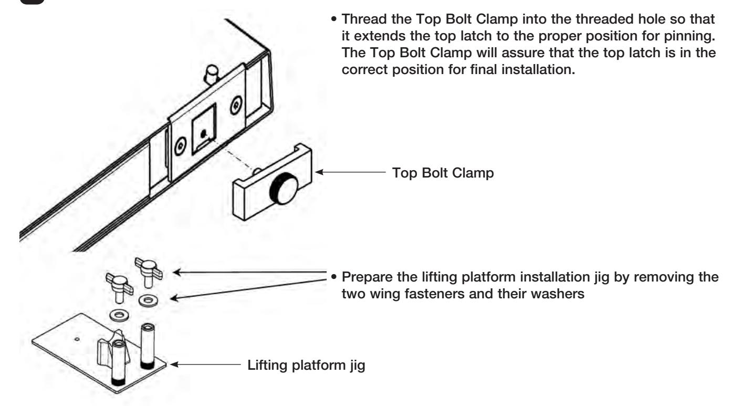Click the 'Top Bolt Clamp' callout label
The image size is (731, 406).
click(x=443, y=173)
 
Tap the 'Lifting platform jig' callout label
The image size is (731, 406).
click(x=306, y=365)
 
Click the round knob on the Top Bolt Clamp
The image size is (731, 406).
click(x=284, y=189)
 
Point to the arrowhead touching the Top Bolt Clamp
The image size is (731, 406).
click(x=319, y=172)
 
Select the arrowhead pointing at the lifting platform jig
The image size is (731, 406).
click(x=174, y=364)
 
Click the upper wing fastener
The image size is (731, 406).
click(x=149, y=271)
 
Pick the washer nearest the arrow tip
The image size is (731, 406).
click(x=148, y=300)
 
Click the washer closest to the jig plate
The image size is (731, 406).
click(x=119, y=315)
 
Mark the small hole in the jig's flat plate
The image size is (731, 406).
click(x=77, y=339)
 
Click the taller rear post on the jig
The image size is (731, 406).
click(x=148, y=346)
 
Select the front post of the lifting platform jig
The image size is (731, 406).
click(x=119, y=362)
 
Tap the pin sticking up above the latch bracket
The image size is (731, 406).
click(x=211, y=75)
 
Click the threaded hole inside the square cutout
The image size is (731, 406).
click(x=203, y=133)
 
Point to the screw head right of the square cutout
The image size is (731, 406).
click(x=236, y=105)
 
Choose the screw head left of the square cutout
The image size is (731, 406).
click(x=180, y=147)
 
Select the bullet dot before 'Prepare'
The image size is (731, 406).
click(x=333, y=277)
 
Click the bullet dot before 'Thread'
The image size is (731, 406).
click(x=333, y=19)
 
